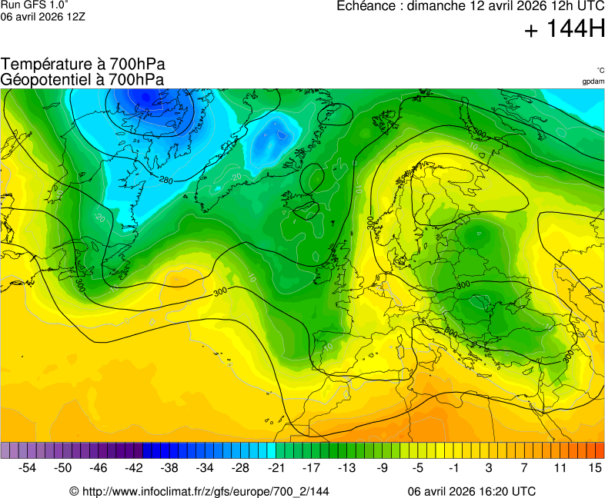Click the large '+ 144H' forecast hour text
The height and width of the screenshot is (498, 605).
point(564,30)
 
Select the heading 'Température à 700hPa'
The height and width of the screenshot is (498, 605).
point(82,65)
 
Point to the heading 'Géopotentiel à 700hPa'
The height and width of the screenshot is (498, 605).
point(82,79)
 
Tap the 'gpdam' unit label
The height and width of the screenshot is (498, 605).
point(593,81)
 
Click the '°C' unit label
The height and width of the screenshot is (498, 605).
point(600,70)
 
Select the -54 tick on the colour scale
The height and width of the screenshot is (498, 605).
point(28,467)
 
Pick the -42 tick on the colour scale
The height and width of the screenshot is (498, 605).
point(134,467)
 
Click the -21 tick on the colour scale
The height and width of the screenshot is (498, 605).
point(276,467)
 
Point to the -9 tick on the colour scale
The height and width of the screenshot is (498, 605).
point(383,467)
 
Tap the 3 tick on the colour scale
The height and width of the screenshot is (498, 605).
point(489,467)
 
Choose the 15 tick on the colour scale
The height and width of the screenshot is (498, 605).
point(594,467)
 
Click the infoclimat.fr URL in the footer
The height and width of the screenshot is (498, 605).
point(199,491)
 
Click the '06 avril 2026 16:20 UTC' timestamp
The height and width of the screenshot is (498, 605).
point(472,491)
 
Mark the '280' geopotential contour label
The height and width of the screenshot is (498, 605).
point(165,180)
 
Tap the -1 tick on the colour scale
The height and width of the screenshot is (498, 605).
point(453,467)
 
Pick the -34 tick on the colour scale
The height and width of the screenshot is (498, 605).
point(205,467)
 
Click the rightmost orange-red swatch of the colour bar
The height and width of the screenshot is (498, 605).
point(600,450)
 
